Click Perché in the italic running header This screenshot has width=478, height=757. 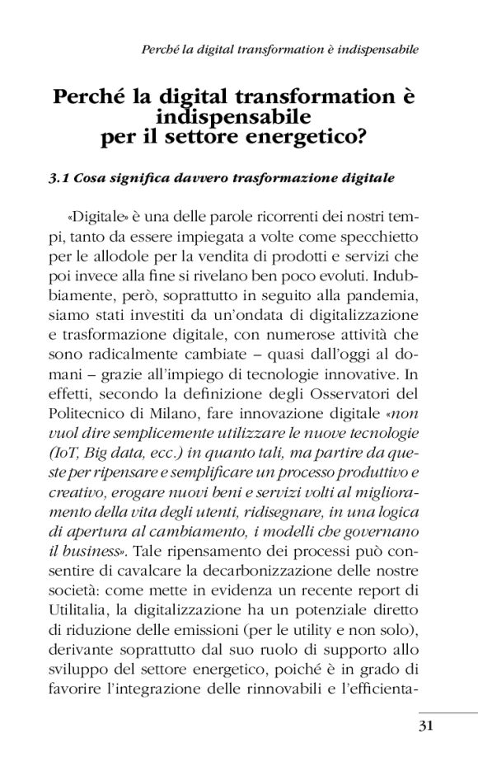(159, 49)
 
